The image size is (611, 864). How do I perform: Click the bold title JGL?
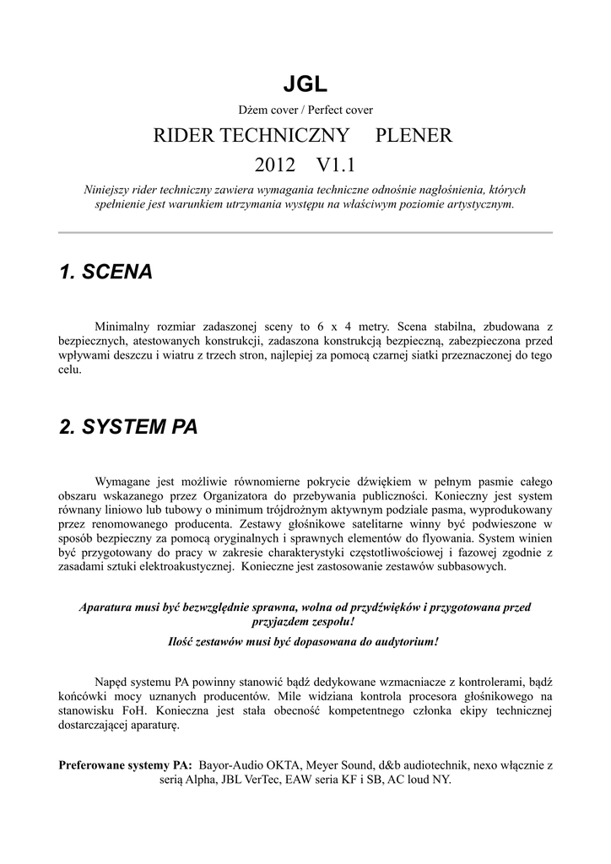pos(305,84)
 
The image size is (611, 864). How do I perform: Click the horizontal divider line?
pos(305,232)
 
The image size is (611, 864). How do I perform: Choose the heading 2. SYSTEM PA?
pos(128,427)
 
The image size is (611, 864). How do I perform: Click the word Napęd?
pos(111,681)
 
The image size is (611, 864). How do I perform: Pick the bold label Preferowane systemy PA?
pos(125,765)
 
